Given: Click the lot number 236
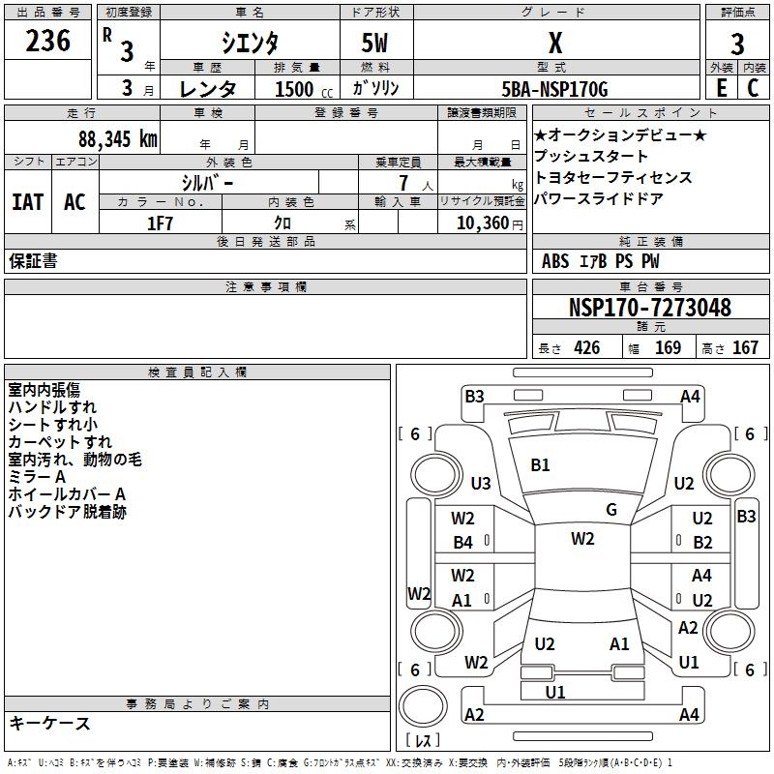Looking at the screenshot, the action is pos(47,41).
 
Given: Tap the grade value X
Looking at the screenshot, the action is pos(555,43).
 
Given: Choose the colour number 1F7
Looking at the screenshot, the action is pos(160,223).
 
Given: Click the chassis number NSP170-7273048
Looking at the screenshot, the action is pos(649,309).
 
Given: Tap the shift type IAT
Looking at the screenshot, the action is pos(27,202).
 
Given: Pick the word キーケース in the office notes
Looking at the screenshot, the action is pos(49,723).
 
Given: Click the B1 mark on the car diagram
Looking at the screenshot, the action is pos(540,465).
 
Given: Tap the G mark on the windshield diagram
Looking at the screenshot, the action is pos(611,510).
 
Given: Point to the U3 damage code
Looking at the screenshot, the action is pos(481,484).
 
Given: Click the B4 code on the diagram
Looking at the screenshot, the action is pos(463,543).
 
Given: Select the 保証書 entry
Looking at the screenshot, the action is pos(33,261).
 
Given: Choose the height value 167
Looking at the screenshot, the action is pos(745,348).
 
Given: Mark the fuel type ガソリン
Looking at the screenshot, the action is pos(375,89).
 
